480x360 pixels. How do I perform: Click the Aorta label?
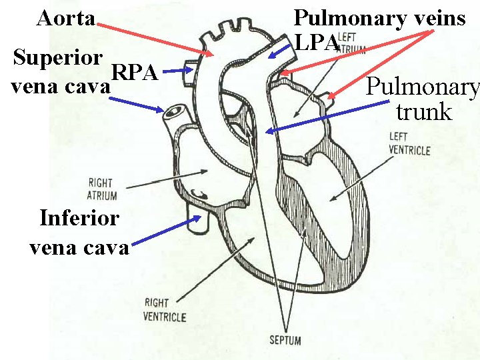(65, 18)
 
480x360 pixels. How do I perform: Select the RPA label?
(134, 71)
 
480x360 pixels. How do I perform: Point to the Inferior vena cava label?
(79, 232)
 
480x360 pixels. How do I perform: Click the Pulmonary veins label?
(379, 18)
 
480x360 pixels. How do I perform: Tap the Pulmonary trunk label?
(423, 99)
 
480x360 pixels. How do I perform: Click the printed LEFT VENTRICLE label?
(409, 144)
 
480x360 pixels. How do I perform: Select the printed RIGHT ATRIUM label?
(101, 189)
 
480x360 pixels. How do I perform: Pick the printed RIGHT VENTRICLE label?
(164, 310)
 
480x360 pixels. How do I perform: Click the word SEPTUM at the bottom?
(285, 341)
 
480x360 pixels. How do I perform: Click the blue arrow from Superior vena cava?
(137, 104)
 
